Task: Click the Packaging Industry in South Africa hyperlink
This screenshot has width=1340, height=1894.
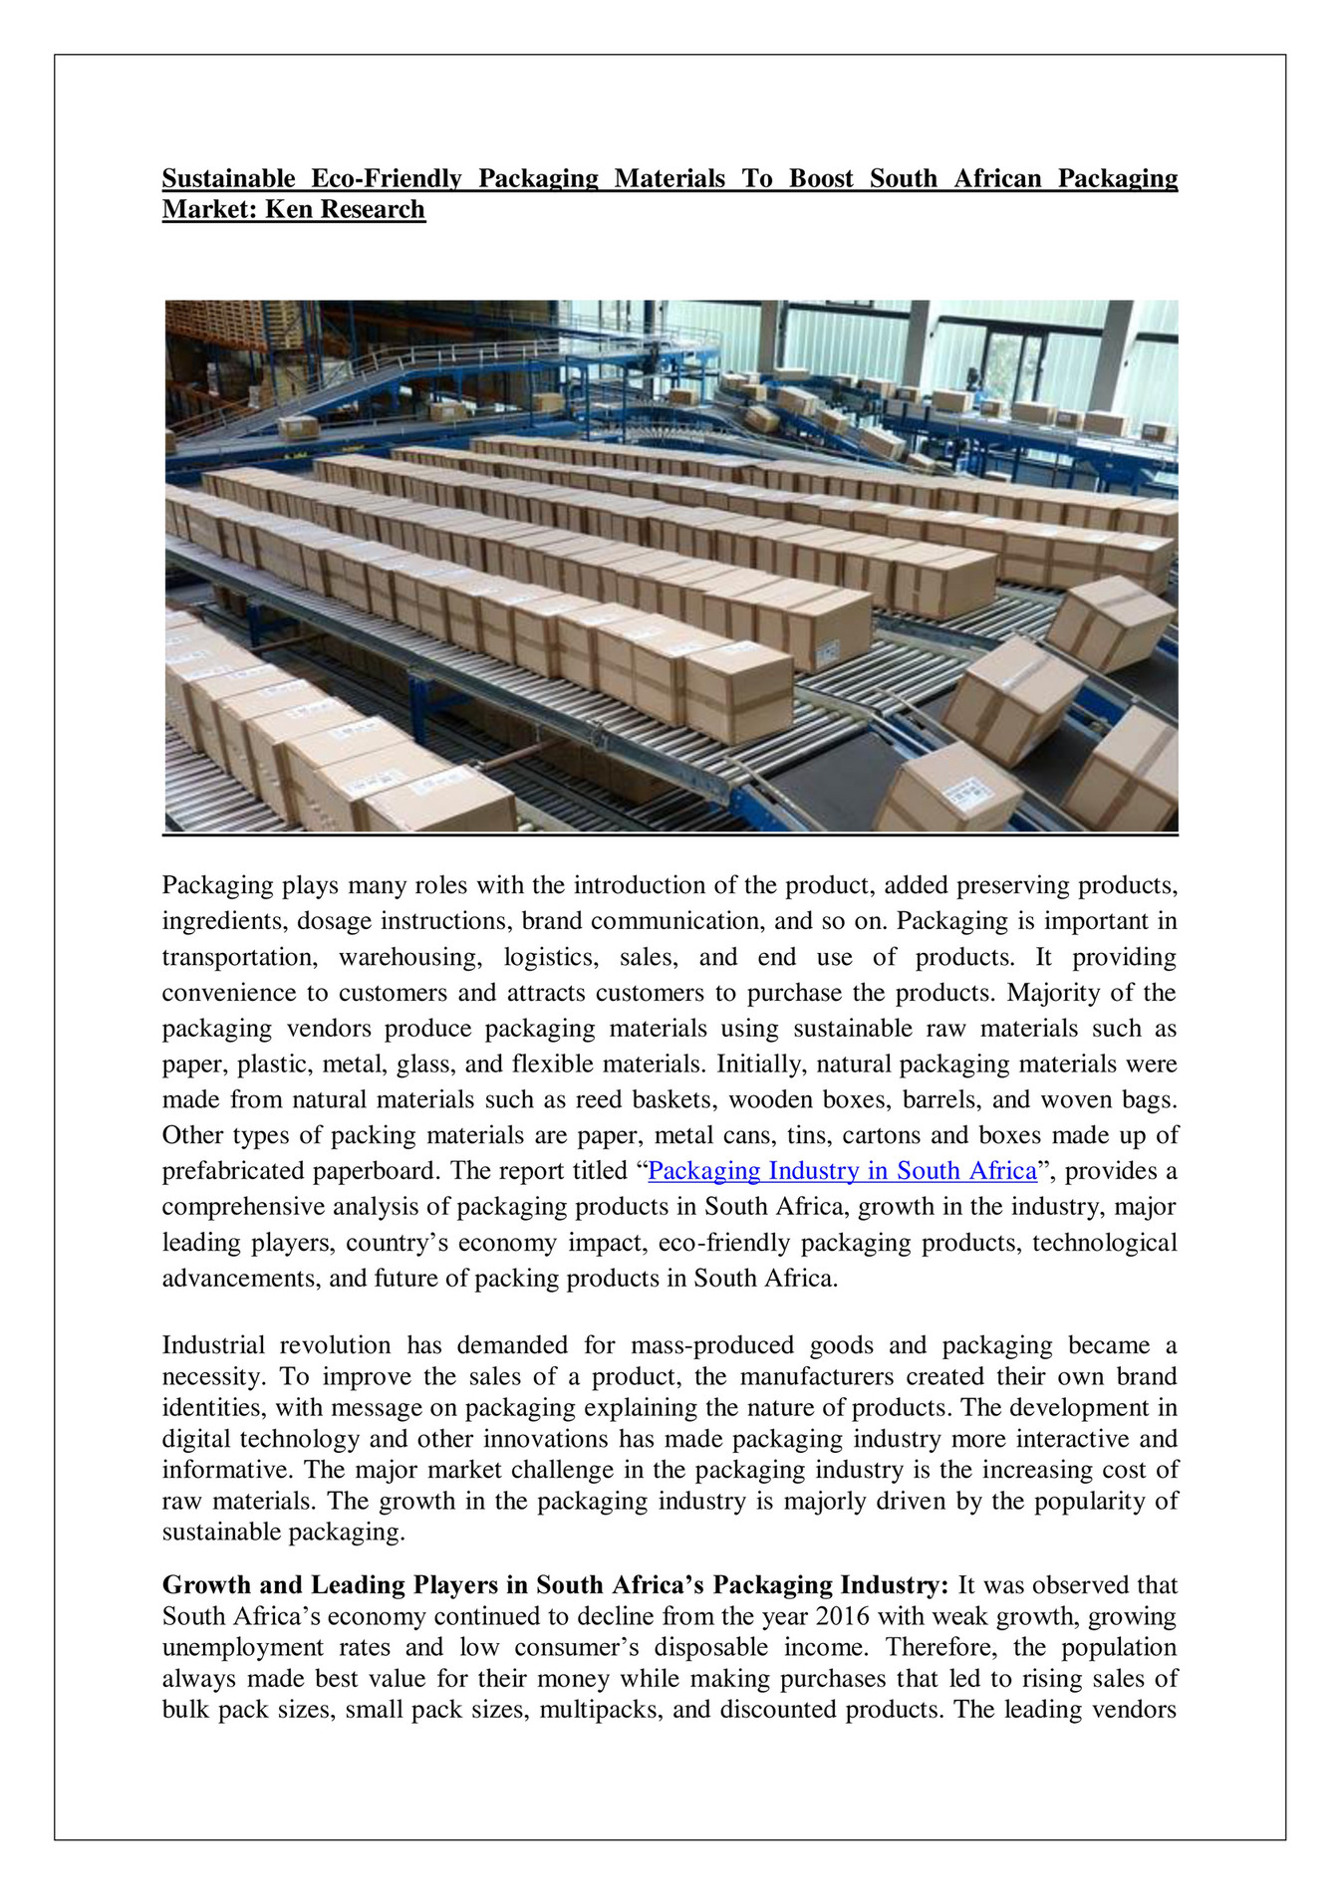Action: click(842, 1171)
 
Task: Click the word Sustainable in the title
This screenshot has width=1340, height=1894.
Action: click(228, 179)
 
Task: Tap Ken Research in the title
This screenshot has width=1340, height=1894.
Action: click(345, 210)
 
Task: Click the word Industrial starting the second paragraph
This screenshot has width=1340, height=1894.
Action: click(213, 1345)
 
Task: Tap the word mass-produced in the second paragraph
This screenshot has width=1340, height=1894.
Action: click(711, 1345)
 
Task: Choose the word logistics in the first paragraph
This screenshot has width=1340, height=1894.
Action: click(550, 957)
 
